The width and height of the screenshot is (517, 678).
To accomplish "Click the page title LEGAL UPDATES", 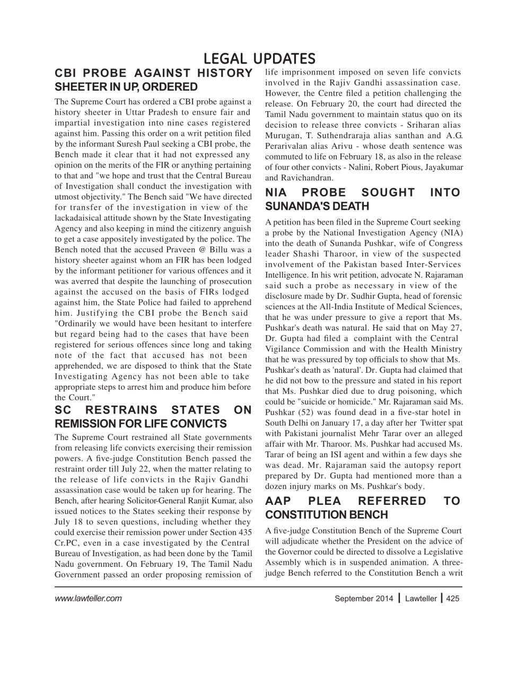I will click(x=259, y=58).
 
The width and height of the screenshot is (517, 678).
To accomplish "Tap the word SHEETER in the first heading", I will click(x=78, y=87).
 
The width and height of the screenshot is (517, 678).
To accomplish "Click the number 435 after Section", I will click(x=244, y=533).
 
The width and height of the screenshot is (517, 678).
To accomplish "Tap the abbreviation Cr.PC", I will click(x=67, y=543).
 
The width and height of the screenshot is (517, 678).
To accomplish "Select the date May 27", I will click(x=447, y=328).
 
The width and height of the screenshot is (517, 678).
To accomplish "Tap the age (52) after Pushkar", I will click(x=306, y=413).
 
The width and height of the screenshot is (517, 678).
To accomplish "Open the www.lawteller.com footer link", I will click(x=88, y=599).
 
